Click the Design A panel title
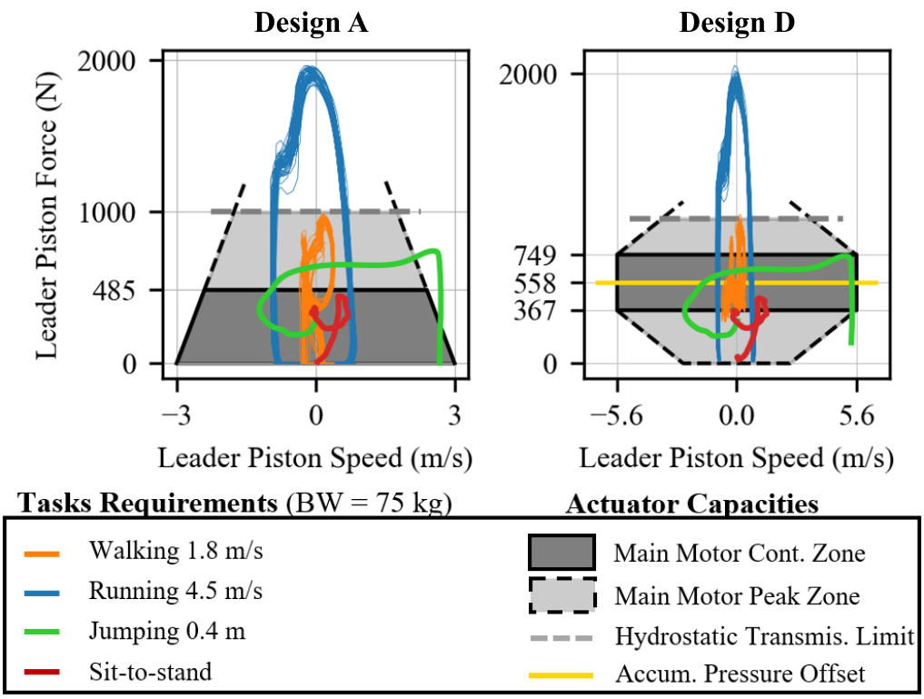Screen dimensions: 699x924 311,23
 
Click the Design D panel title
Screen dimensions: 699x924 737,23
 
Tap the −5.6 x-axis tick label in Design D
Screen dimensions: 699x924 615,416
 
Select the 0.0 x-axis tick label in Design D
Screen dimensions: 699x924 736,416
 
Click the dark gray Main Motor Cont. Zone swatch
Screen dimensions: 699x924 561,553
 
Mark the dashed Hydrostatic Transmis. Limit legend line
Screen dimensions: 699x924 561,635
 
